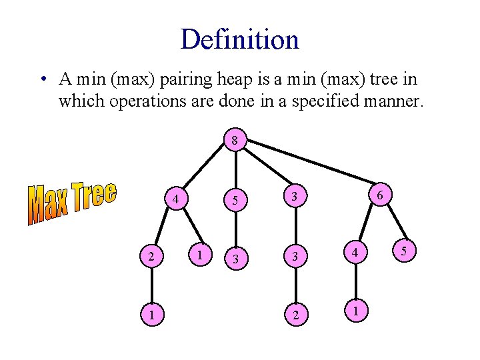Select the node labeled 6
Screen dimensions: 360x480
(379, 195)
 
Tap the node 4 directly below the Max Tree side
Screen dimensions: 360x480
(175, 199)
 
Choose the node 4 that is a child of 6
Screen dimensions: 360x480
(357, 254)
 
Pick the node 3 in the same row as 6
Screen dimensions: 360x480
(294, 195)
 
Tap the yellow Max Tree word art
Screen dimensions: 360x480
(72, 202)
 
